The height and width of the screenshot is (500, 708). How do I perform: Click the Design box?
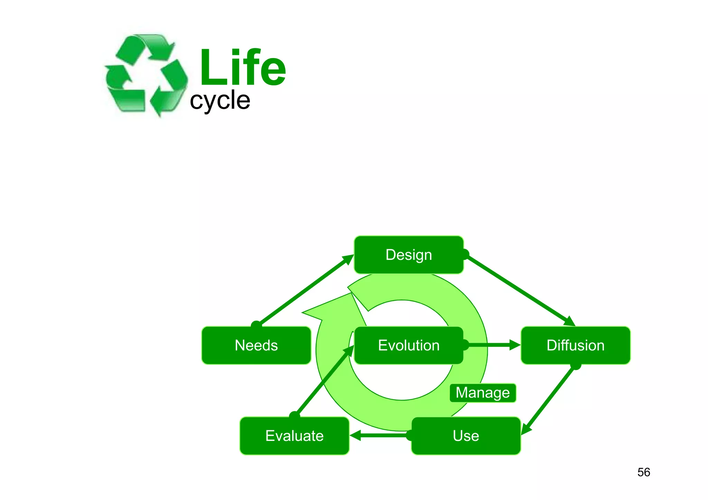(409, 255)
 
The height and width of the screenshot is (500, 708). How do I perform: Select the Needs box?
(256, 346)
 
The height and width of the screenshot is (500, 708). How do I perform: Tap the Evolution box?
(409, 346)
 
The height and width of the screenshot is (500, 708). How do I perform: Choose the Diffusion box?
(575, 346)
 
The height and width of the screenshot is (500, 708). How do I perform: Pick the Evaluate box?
(294, 436)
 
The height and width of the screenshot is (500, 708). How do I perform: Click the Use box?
(466, 436)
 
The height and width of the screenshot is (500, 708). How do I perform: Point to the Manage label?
(483, 393)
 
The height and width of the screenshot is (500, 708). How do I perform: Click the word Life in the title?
(243, 68)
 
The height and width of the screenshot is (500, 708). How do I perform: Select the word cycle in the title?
(220, 101)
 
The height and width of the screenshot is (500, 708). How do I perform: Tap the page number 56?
(644, 472)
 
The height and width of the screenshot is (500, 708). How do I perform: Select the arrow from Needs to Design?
(304, 290)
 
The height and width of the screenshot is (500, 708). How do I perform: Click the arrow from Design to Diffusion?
(519, 289)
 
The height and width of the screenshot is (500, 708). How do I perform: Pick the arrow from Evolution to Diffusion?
(491, 345)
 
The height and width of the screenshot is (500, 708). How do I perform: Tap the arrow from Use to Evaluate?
(380, 435)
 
